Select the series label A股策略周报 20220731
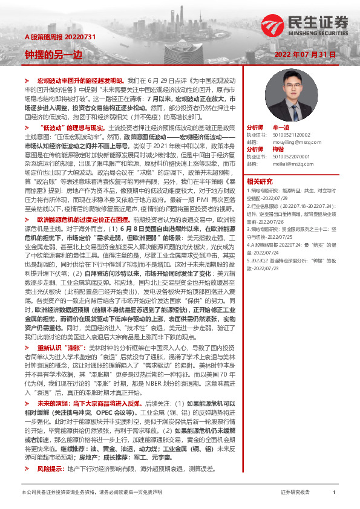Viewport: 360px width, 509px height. (x=51, y=37)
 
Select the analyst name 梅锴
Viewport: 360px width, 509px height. (x=278, y=148)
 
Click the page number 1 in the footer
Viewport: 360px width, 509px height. (x=334, y=493)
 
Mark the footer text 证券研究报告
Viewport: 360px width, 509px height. (x=295, y=493)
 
